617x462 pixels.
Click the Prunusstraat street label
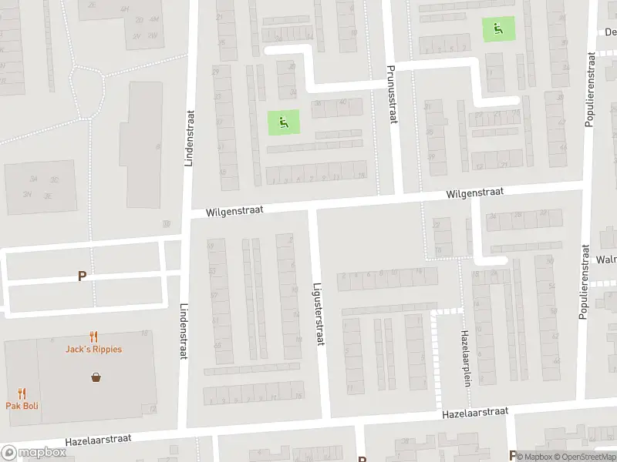tap(391, 95)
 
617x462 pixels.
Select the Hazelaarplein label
tap(465, 358)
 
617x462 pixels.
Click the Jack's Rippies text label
tap(93, 349)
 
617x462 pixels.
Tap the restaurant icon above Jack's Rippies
tap(93, 336)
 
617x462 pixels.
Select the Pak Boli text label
tap(22, 406)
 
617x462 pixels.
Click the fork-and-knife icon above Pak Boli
tap(22, 393)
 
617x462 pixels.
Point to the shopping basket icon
tap(96, 377)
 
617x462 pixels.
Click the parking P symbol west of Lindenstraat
tap(82, 276)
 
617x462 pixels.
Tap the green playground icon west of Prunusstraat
tap(283, 121)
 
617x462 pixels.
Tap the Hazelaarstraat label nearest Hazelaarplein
tap(474, 413)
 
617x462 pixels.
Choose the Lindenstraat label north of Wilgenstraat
tap(188, 138)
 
